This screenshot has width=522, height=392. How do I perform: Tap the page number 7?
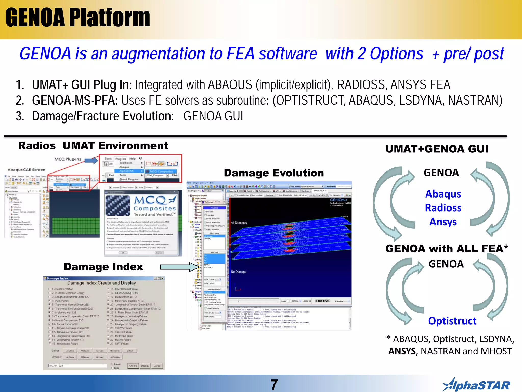274,384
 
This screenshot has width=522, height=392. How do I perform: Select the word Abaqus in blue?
443,194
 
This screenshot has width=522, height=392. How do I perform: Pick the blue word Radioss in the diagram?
443,208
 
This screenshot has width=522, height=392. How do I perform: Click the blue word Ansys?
443,222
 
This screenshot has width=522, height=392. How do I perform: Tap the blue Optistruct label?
452,321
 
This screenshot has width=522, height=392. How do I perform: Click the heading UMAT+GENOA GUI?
437,149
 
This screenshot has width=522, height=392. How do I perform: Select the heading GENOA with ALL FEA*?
447,248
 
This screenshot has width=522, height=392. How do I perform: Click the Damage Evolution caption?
274,173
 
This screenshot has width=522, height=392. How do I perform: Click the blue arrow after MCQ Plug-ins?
91,160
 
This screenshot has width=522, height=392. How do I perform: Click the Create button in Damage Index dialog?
133,366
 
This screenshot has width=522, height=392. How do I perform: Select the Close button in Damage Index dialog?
157,366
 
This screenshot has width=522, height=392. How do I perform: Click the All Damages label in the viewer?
239,223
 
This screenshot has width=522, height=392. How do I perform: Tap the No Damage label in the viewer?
239,272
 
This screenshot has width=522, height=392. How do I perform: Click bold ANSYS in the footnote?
402,351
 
